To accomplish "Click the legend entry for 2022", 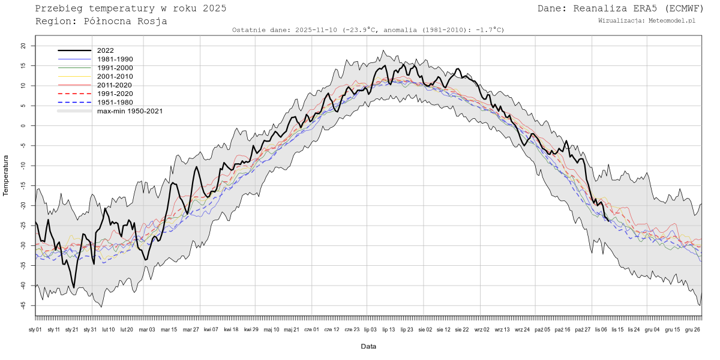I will (x=105, y=50).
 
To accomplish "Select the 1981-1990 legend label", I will (x=115, y=59).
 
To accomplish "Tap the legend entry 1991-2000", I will (x=115, y=68).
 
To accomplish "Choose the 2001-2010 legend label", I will (x=115, y=76).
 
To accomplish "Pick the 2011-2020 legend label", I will (x=115, y=85).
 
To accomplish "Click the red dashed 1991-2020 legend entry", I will (x=115, y=94).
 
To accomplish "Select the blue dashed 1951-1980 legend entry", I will (x=115, y=102).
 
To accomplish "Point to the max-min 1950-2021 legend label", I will (x=130, y=111).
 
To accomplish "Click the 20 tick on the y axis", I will (x=23, y=46).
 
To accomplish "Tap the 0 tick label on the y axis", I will (x=25, y=125).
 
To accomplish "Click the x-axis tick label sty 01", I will (x=35, y=329).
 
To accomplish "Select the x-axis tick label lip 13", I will (x=388, y=329).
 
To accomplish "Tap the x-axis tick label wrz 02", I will (x=482, y=329).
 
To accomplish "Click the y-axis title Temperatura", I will (x=6, y=175).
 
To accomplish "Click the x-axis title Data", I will (x=368, y=346).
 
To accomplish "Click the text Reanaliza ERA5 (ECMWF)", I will (x=637, y=8).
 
